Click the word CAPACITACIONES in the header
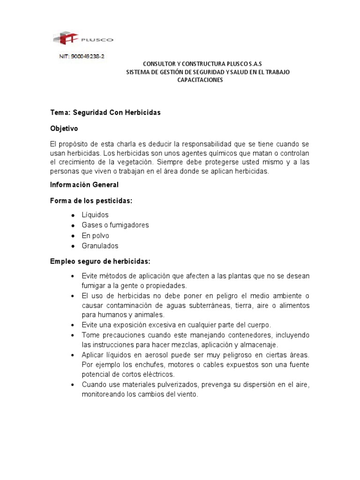click(200, 80)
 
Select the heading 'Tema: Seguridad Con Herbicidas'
click(105, 113)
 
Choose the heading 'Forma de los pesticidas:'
click(91, 201)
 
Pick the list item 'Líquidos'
click(95, 215)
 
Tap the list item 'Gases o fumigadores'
click(115, 225)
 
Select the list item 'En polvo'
click(95, 235)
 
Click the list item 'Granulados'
click(100, 246)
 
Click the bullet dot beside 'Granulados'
click(73, 246)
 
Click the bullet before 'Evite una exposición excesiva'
click(73, 325)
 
